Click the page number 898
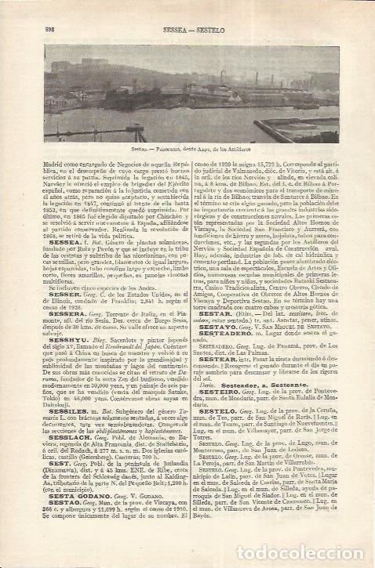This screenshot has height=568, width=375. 40,28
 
